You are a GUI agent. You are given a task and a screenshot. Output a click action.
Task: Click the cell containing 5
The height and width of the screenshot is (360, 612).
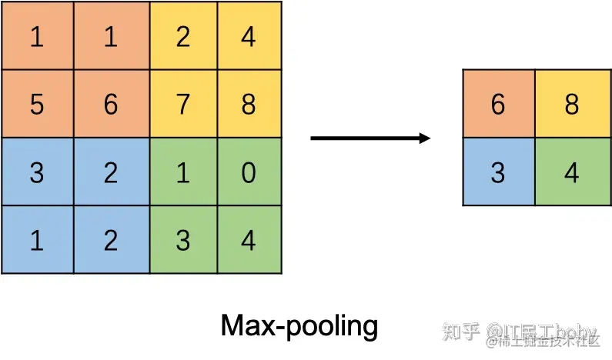(x=36, y=104)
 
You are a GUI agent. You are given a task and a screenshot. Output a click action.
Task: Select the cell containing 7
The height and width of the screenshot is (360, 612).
(x=182, y=104)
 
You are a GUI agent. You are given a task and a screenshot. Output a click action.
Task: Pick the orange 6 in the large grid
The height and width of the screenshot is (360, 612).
(x=110, y=104)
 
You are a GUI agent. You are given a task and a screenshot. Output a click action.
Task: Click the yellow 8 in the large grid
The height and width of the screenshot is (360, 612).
(x=248, y=104)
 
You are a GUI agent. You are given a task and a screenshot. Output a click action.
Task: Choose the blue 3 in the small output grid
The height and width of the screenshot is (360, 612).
(x=498, y=172)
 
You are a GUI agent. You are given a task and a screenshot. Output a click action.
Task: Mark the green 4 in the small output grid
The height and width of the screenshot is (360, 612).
(x=571, y=172)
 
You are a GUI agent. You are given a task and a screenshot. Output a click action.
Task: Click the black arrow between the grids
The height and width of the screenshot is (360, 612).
(x=370, y=138)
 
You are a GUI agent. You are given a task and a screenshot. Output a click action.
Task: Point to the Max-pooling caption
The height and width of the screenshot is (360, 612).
(x=299, y=326)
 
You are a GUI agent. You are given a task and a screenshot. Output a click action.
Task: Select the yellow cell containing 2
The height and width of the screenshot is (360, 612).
(x=182, y=36)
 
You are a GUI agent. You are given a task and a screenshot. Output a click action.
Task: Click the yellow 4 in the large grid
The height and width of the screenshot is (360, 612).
(x=248, y=36)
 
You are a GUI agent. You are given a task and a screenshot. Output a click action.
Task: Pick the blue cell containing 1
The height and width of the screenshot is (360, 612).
(x=36, y=239)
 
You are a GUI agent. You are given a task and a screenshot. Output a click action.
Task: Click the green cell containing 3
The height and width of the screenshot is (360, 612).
(x=182, y=239)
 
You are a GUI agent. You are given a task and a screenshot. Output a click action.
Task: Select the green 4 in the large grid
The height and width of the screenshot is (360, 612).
(x=248, y=239)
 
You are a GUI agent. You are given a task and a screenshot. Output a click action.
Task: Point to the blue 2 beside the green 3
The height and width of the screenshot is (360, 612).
(x=110, y=239)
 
